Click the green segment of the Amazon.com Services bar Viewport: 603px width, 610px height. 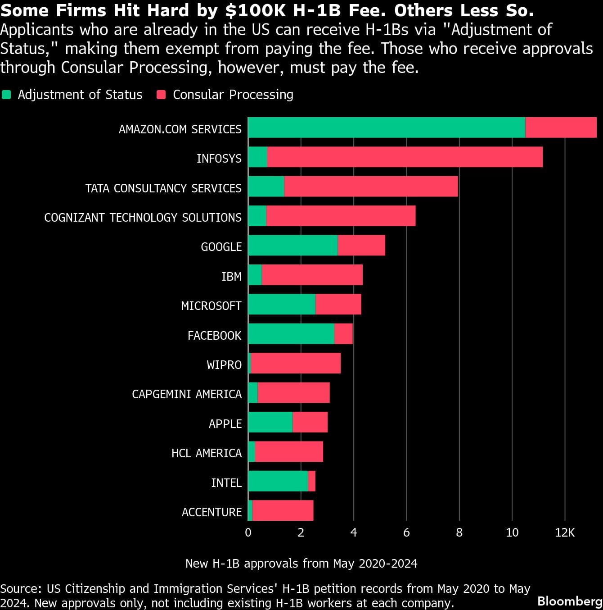pos(386,127)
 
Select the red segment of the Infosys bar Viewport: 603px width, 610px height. pos(405,157)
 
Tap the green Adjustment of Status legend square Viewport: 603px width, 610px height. pos(6,95)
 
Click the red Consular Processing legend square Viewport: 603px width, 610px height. pos(161,95)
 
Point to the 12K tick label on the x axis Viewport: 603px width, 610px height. pos(565,533)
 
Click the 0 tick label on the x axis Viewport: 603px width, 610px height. pos(248,533)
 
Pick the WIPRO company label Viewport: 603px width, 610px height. pos(224,365)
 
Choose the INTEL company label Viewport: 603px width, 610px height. pos(226,483)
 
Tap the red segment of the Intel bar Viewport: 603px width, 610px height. pos(311,481)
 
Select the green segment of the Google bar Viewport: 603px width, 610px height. pos(292,246)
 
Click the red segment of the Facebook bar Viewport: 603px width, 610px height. pos(343,334)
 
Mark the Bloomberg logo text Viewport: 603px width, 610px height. pos(570,601)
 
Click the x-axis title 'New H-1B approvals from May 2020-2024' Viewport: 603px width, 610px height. pos(301,564)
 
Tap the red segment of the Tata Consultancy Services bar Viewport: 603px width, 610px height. pos(371,187)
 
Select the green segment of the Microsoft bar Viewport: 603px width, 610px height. pos(282,305)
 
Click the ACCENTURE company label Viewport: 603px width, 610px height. pos(211,512)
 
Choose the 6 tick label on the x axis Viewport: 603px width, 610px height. pos(406,533)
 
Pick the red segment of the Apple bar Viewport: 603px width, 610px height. pos(310,422)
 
